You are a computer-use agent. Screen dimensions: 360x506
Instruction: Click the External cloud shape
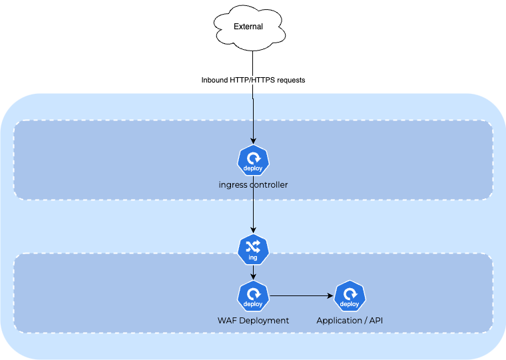248,27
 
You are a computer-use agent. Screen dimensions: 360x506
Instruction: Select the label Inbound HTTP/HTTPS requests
253,80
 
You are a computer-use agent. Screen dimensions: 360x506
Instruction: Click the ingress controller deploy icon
253,160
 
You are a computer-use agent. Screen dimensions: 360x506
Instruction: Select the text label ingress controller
253,184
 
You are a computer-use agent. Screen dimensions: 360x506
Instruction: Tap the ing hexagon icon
253,249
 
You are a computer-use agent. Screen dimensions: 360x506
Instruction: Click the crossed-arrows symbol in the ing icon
253,246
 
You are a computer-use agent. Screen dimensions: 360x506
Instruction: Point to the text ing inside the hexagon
253,258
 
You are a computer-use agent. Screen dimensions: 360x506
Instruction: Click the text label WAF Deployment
253,320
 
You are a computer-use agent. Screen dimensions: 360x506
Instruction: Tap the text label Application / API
350,320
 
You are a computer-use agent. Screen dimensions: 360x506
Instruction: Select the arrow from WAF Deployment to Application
300,295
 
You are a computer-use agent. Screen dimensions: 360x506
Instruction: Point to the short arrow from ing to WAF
253,272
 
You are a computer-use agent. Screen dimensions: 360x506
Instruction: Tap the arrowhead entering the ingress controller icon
253,140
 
